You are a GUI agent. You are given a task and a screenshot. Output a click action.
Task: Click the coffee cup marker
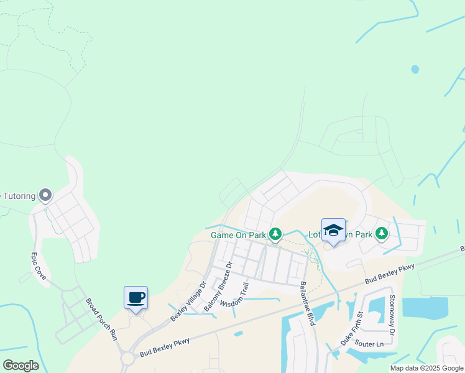coord(136,297)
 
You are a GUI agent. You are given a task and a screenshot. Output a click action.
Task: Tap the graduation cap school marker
coord(333,230)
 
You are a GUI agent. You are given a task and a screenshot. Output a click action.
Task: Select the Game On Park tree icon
coord(275,234)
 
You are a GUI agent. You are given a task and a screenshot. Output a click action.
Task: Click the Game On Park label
coord(238,235)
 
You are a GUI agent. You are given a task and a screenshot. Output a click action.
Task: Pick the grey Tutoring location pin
coord(45,196)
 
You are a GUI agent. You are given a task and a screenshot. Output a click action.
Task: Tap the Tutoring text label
coord(17,196)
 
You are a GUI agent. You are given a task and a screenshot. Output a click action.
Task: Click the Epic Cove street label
coord(38,266)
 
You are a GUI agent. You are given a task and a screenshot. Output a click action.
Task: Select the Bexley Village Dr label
coord(188,303)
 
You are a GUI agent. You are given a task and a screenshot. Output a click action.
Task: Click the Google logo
coord(21,366)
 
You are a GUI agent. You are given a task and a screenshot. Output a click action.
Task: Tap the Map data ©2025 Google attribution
coord(426,368)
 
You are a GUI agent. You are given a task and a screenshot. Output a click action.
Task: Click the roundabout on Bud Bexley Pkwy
coord(129,359)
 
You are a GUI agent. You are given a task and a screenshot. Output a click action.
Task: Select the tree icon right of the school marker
coord(381,234)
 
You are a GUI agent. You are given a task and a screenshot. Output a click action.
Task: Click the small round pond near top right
coord(415,69)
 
